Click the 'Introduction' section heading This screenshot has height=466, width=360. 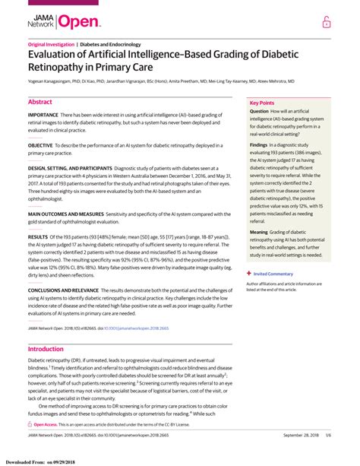click(x=46, y=349)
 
